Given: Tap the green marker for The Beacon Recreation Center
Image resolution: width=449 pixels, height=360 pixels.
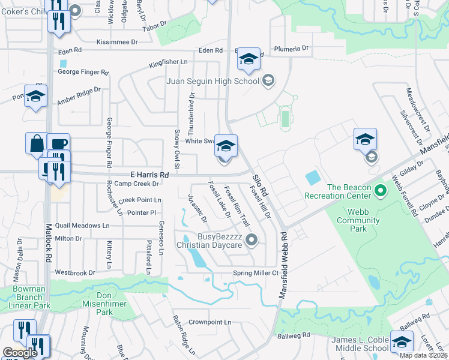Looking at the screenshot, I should pos(379,192).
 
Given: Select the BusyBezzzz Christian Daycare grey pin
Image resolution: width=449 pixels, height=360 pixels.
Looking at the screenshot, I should pos(253,241).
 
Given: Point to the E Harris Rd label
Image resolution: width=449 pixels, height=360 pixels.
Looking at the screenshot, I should pos(140,173).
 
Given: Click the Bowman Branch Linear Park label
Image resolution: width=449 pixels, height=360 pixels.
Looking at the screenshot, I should pos(28,297).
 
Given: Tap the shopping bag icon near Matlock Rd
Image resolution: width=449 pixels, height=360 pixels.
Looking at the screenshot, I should pos(36,144).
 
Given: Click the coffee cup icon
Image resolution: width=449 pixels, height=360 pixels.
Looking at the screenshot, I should pos(58,144).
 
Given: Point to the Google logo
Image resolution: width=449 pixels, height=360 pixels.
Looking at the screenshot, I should pos(20,353).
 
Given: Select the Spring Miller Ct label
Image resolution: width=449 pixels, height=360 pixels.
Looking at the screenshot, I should pos(256,273).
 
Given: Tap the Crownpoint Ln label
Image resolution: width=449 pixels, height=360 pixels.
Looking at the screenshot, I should pos(211,322).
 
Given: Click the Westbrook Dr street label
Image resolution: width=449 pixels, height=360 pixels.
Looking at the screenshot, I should pos(74,272).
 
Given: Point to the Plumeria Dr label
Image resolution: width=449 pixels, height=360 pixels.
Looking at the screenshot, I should pos(291,48).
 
